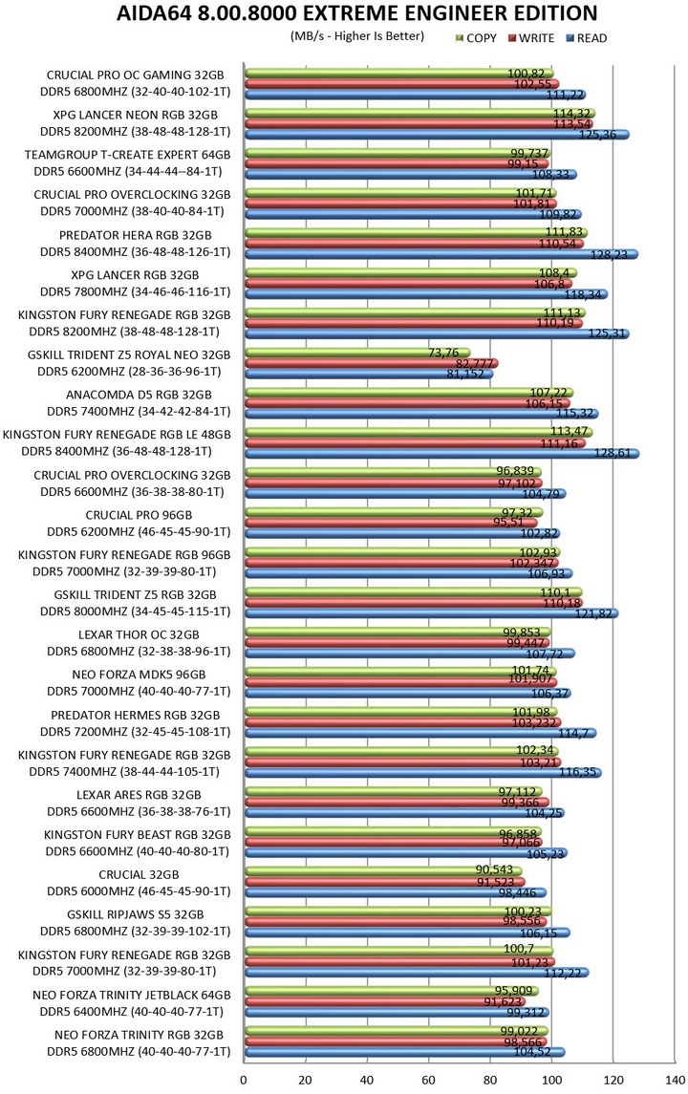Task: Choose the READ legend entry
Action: [586, 38]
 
